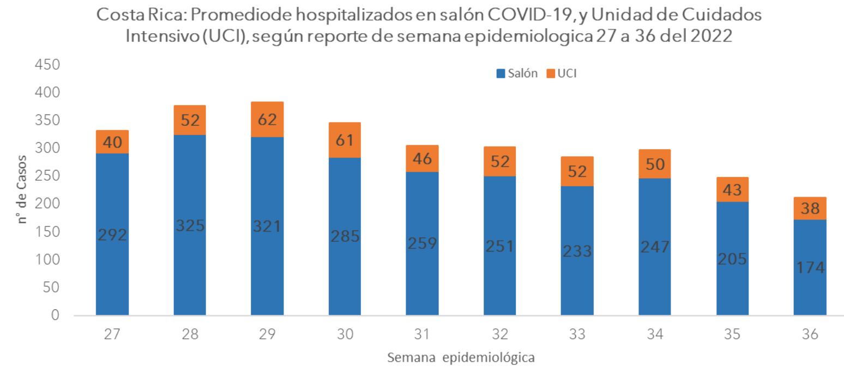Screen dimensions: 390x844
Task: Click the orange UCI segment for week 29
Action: point(267,119)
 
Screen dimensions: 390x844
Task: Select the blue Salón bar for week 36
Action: point(810,267)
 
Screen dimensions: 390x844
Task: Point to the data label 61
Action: point(345,141)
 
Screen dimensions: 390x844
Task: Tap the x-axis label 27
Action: point(112,335)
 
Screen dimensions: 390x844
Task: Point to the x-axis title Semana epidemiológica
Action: point(460,358)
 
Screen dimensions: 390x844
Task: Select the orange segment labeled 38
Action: point(810,209)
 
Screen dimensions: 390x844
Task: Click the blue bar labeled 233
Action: point(577,251)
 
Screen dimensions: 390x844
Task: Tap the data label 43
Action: point(732,190)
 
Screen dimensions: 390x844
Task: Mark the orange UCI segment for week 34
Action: point(655,164)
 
